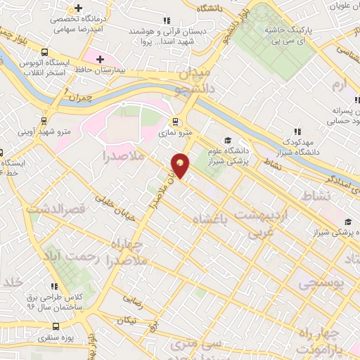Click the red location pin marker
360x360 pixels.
point(181,166)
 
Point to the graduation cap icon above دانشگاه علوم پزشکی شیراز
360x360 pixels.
point(226,140)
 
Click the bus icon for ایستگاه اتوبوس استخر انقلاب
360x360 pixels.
point(45,52)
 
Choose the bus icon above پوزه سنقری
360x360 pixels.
point(57,326)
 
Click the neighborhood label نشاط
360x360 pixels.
point(314,194)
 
